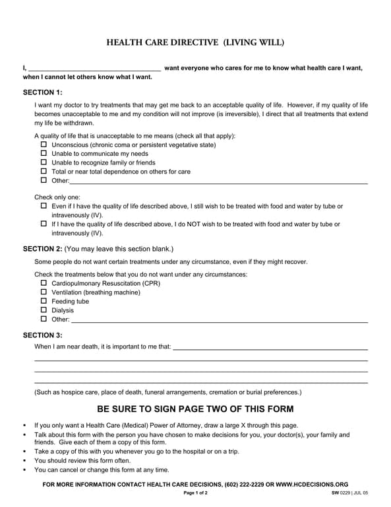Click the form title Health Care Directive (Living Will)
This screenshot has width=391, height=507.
coord(195,43)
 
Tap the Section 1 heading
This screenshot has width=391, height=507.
coord(43,92)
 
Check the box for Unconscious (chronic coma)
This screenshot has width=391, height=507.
coord(44,145)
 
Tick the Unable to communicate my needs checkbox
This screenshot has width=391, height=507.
coord(44,153)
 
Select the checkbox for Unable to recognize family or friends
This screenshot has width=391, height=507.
coord(44,162)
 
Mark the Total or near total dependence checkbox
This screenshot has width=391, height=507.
coord(44,171)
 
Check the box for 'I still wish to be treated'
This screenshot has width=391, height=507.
coord(44,206)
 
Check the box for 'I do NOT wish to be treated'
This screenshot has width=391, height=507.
coord(44,224)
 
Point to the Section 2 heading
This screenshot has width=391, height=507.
coord(43,249)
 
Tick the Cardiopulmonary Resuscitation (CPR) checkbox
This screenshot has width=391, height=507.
coord(44,283)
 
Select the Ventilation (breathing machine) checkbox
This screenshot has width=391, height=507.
coord(44,292)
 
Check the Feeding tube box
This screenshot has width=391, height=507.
coord(44,301)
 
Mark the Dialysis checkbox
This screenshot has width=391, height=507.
coord(44,310)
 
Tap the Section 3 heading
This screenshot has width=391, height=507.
coord(43,335)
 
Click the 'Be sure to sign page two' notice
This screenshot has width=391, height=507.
coord(195,409)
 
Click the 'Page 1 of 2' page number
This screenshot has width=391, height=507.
coord(195,493)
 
